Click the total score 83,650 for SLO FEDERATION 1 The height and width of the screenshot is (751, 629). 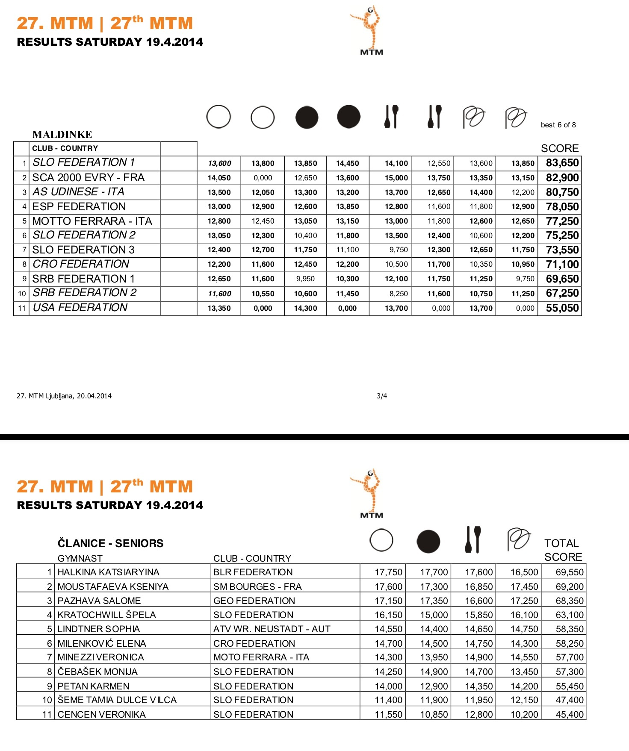click(562, 163)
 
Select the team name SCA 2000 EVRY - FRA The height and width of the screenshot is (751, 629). click(89, 177)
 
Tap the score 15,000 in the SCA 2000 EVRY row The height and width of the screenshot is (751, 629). click(396, 178)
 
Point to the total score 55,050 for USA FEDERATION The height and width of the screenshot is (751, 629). click(562, 308)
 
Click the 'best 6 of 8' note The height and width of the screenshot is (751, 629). click(558, 125)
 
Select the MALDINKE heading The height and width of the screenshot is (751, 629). click(62, 135)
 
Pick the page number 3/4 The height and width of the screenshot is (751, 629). click(382, 396)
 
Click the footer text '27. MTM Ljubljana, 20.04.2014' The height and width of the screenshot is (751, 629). click(64, 396)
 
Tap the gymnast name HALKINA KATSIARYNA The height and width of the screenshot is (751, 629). click(108, 572)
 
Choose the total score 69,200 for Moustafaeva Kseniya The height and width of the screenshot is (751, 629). click(569, 586)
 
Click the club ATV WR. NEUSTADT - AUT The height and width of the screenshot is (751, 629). click(272, 629)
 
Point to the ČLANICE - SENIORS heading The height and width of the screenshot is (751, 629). click(110, 543)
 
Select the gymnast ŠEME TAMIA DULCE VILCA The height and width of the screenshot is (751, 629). click(117, 700)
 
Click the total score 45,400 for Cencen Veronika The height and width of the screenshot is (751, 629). click(569, 714)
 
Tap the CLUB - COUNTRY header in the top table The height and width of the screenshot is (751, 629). click(65, 148)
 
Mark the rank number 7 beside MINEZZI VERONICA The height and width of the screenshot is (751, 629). click(50, 657)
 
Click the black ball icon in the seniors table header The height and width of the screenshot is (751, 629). click(428, 542)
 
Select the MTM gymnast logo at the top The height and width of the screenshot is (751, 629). click(370, 30)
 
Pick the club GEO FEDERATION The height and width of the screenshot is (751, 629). click(254, 601)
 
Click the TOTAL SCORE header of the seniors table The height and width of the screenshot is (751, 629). click(563, 550)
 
